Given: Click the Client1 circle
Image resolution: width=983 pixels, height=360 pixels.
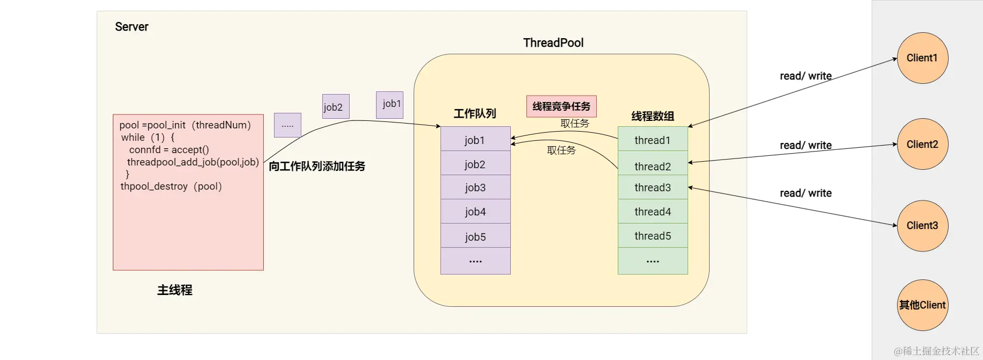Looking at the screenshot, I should tap(922, 58).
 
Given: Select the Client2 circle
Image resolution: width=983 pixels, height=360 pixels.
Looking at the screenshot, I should tap(922, 144).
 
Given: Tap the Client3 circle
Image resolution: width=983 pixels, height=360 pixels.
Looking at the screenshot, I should tap(922, 226).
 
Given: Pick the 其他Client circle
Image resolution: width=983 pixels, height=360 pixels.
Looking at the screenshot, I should tap(922, 305).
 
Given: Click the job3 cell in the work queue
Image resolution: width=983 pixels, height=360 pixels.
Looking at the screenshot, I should tap(475, 188).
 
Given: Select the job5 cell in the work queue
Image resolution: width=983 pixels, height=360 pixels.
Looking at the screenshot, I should tap(475, 236).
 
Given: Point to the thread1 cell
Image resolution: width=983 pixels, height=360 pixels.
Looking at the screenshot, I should tap(653, 140).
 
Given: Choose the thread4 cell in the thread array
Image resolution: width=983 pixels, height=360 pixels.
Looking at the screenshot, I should tap(653, 212).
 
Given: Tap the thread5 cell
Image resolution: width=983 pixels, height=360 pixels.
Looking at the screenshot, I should tap(653, 236).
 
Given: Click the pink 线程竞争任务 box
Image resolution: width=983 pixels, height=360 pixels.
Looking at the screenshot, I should tap(561, 106).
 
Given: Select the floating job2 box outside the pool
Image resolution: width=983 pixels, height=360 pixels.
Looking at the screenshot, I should tap(336, 106).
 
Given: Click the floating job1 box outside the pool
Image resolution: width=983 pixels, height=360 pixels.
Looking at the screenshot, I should tap(389, 104).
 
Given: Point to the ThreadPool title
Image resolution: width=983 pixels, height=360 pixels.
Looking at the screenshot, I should tap(553, 43).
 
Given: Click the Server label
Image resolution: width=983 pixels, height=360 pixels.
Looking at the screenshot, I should tap(132, 27).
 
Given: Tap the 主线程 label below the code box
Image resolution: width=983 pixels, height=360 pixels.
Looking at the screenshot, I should tap(175, 290).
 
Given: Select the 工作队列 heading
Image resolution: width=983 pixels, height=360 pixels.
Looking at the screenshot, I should tap(475, 113).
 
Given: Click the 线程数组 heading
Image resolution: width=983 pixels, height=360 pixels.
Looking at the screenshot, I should tap(653, 116).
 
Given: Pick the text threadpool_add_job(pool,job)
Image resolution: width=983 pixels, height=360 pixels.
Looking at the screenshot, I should tap(193, 162).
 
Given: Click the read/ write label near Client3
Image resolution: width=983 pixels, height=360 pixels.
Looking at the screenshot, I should tap(806, 193).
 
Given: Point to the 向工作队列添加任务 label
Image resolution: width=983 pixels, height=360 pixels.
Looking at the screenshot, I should tap(317, 167).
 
